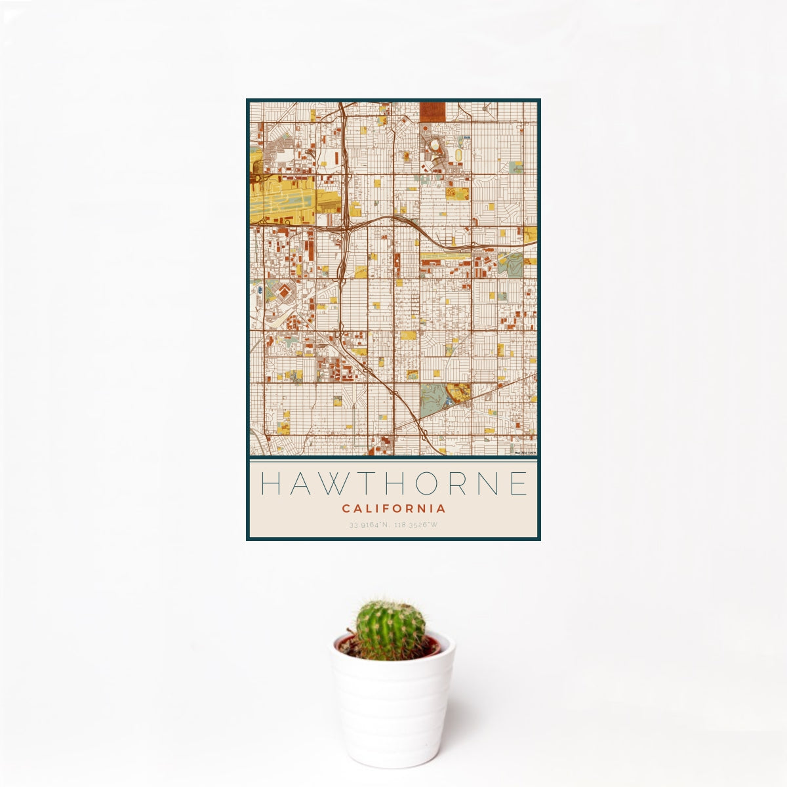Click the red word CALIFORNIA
(x=393, y=508)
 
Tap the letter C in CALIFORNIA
(x=345, y=508)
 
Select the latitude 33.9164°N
(x=370, y=525)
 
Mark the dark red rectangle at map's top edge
(x=432, y=111)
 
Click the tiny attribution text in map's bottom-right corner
(x=525, y=453)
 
